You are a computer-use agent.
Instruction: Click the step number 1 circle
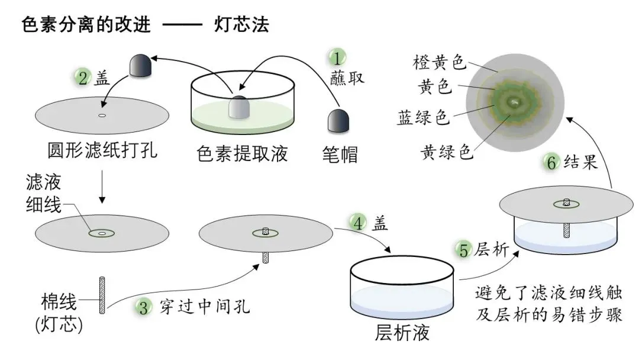[336, 59]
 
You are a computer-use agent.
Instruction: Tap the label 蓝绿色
[424, 116]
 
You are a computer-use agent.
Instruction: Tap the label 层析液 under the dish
[402, 333]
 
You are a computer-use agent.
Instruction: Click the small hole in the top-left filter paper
[102, 115]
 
